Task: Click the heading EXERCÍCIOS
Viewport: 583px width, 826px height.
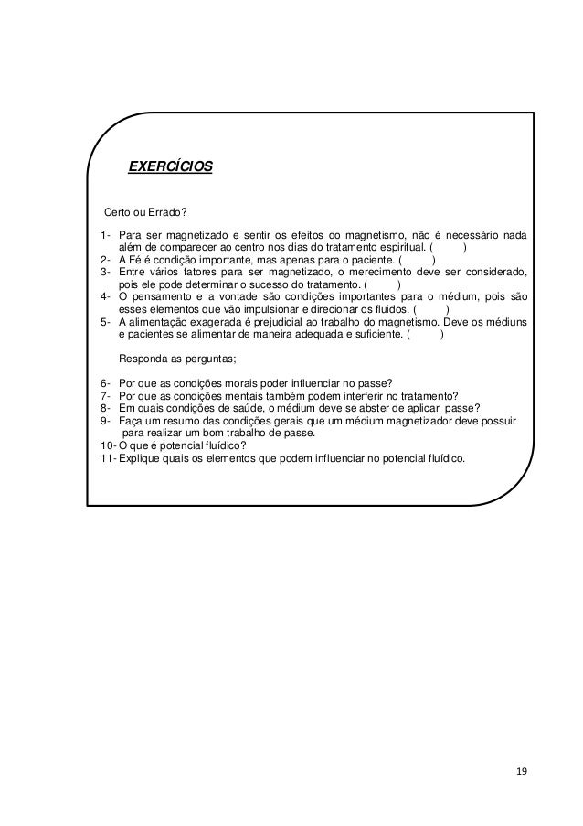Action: pos(169,167)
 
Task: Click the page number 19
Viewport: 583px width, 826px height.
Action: pos(521,773)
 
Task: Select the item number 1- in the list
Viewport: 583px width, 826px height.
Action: pos(106,234)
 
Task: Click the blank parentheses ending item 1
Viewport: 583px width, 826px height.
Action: pos(449,247)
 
